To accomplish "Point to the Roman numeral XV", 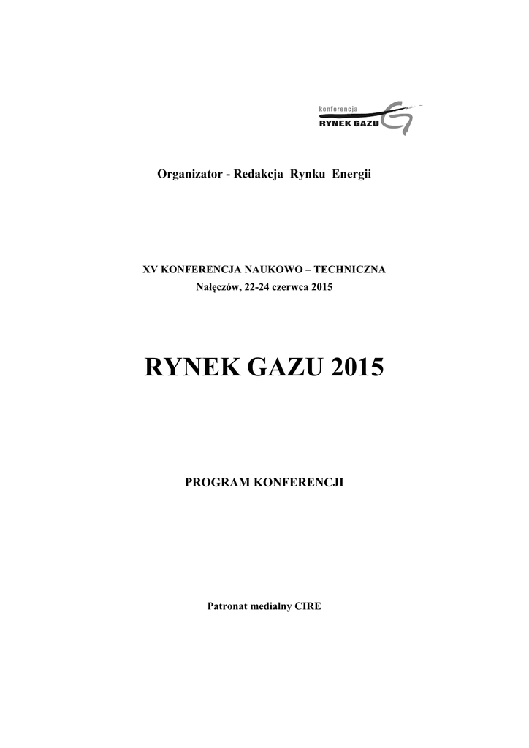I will [x=149, y=270].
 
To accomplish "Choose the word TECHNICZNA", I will [x=354, y=270].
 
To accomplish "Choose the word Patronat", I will [x=229, y=606].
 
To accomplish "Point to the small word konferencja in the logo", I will [x=338, y=110].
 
